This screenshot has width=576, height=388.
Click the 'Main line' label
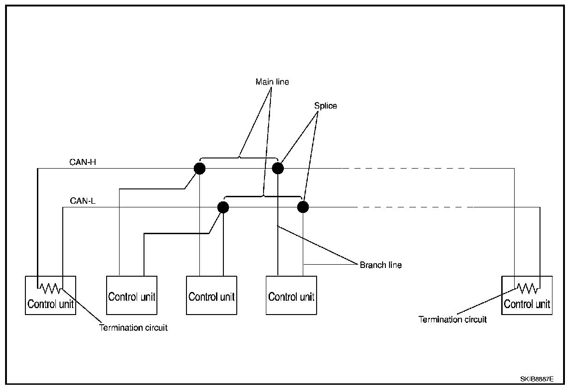(272, 82)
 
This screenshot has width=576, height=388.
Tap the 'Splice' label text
(325, 106)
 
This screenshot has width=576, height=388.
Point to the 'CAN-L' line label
(83, 201)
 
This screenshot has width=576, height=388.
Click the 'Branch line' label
(381, 265)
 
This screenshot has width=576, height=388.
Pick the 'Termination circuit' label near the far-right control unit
(452, 319)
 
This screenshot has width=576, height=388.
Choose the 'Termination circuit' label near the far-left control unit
(133, 327)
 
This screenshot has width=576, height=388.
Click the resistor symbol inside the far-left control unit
(50, 289)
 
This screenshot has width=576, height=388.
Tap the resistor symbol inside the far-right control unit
(527, 289)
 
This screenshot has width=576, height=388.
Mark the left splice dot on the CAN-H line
(199, 169)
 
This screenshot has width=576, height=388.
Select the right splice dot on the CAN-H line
(277, 168)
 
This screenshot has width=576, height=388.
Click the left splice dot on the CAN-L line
(223, 207)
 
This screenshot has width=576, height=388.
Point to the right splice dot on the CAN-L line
(303, 207)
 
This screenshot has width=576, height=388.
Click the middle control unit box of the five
(211, 296)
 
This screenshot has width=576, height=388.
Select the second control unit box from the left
(132, 296)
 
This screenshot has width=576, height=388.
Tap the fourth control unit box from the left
(291, 296)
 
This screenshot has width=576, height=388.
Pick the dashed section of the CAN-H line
(406, 169)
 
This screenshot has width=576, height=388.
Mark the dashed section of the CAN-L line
(415, 207)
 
